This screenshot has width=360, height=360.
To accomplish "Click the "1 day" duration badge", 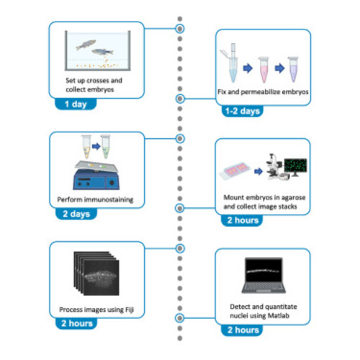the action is (76, 104).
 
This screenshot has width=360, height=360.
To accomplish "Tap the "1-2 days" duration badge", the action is (243, 111).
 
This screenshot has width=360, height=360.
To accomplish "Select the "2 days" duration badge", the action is (76, 214).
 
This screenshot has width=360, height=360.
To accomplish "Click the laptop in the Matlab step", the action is (264, 275).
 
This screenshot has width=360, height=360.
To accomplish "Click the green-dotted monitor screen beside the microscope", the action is (296, 165).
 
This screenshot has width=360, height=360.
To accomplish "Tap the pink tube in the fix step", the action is (264, 70).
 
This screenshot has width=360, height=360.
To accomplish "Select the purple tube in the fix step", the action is (293, 69).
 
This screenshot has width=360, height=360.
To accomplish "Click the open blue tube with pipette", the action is (230, 63).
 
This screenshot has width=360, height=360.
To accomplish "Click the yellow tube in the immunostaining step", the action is (86, 147).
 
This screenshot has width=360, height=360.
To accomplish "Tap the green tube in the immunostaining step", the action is (106, 147).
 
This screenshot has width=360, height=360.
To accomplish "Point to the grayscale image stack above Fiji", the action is (96, 274).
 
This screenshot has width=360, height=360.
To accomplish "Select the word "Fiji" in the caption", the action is (130, 310).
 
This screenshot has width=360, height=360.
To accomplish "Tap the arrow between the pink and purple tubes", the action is (279, 68).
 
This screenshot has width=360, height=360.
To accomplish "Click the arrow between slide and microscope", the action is (258, 171).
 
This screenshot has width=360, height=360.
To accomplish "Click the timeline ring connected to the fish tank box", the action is (180, 29).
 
